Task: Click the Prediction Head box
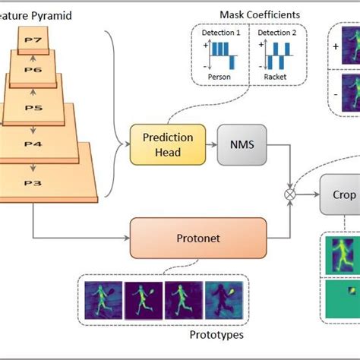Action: coord(168,144)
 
